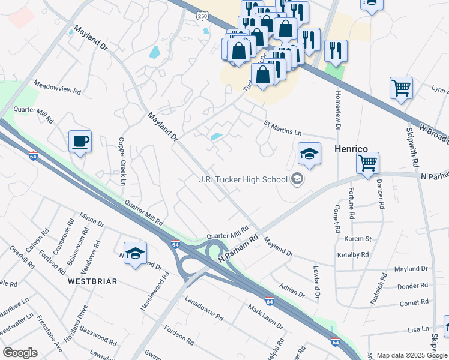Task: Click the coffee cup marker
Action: coord(80,142)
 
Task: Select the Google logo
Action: coord(20,352)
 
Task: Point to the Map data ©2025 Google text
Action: coord(412,355)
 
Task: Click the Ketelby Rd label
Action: coord(352,254)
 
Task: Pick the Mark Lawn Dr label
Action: coord(265,316)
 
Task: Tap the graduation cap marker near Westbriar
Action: coord(135,254)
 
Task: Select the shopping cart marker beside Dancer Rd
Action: coord(367,162)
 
